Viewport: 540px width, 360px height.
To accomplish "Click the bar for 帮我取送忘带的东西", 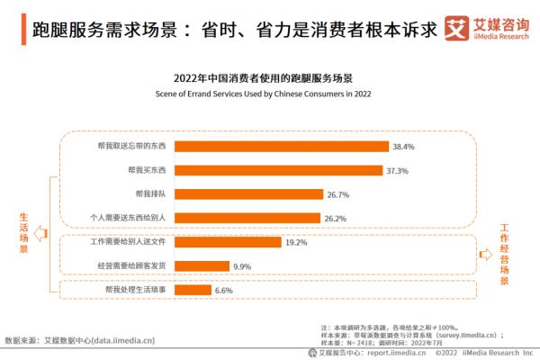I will (281, 146).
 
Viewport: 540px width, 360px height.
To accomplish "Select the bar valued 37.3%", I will (279, 170).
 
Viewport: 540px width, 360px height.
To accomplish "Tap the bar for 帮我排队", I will (248, 193).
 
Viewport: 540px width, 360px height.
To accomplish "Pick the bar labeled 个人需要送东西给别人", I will (247, 218).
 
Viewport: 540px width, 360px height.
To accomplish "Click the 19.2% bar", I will (227, 242).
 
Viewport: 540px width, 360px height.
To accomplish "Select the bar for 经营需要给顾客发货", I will (201, 266).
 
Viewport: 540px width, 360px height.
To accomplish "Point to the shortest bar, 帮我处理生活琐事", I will (193, 290).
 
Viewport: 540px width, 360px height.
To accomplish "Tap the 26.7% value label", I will (337, 194).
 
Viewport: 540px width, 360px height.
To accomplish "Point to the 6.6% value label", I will (223, 291).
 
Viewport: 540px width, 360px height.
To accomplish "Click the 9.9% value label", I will (242, 267).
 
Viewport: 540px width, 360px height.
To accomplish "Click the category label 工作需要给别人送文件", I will (130, 242).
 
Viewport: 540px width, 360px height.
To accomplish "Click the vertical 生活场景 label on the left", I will (22, 232).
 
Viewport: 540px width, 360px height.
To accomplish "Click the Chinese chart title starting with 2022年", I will (269, 78).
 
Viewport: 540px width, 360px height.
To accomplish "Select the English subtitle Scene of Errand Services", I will (269, 93).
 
